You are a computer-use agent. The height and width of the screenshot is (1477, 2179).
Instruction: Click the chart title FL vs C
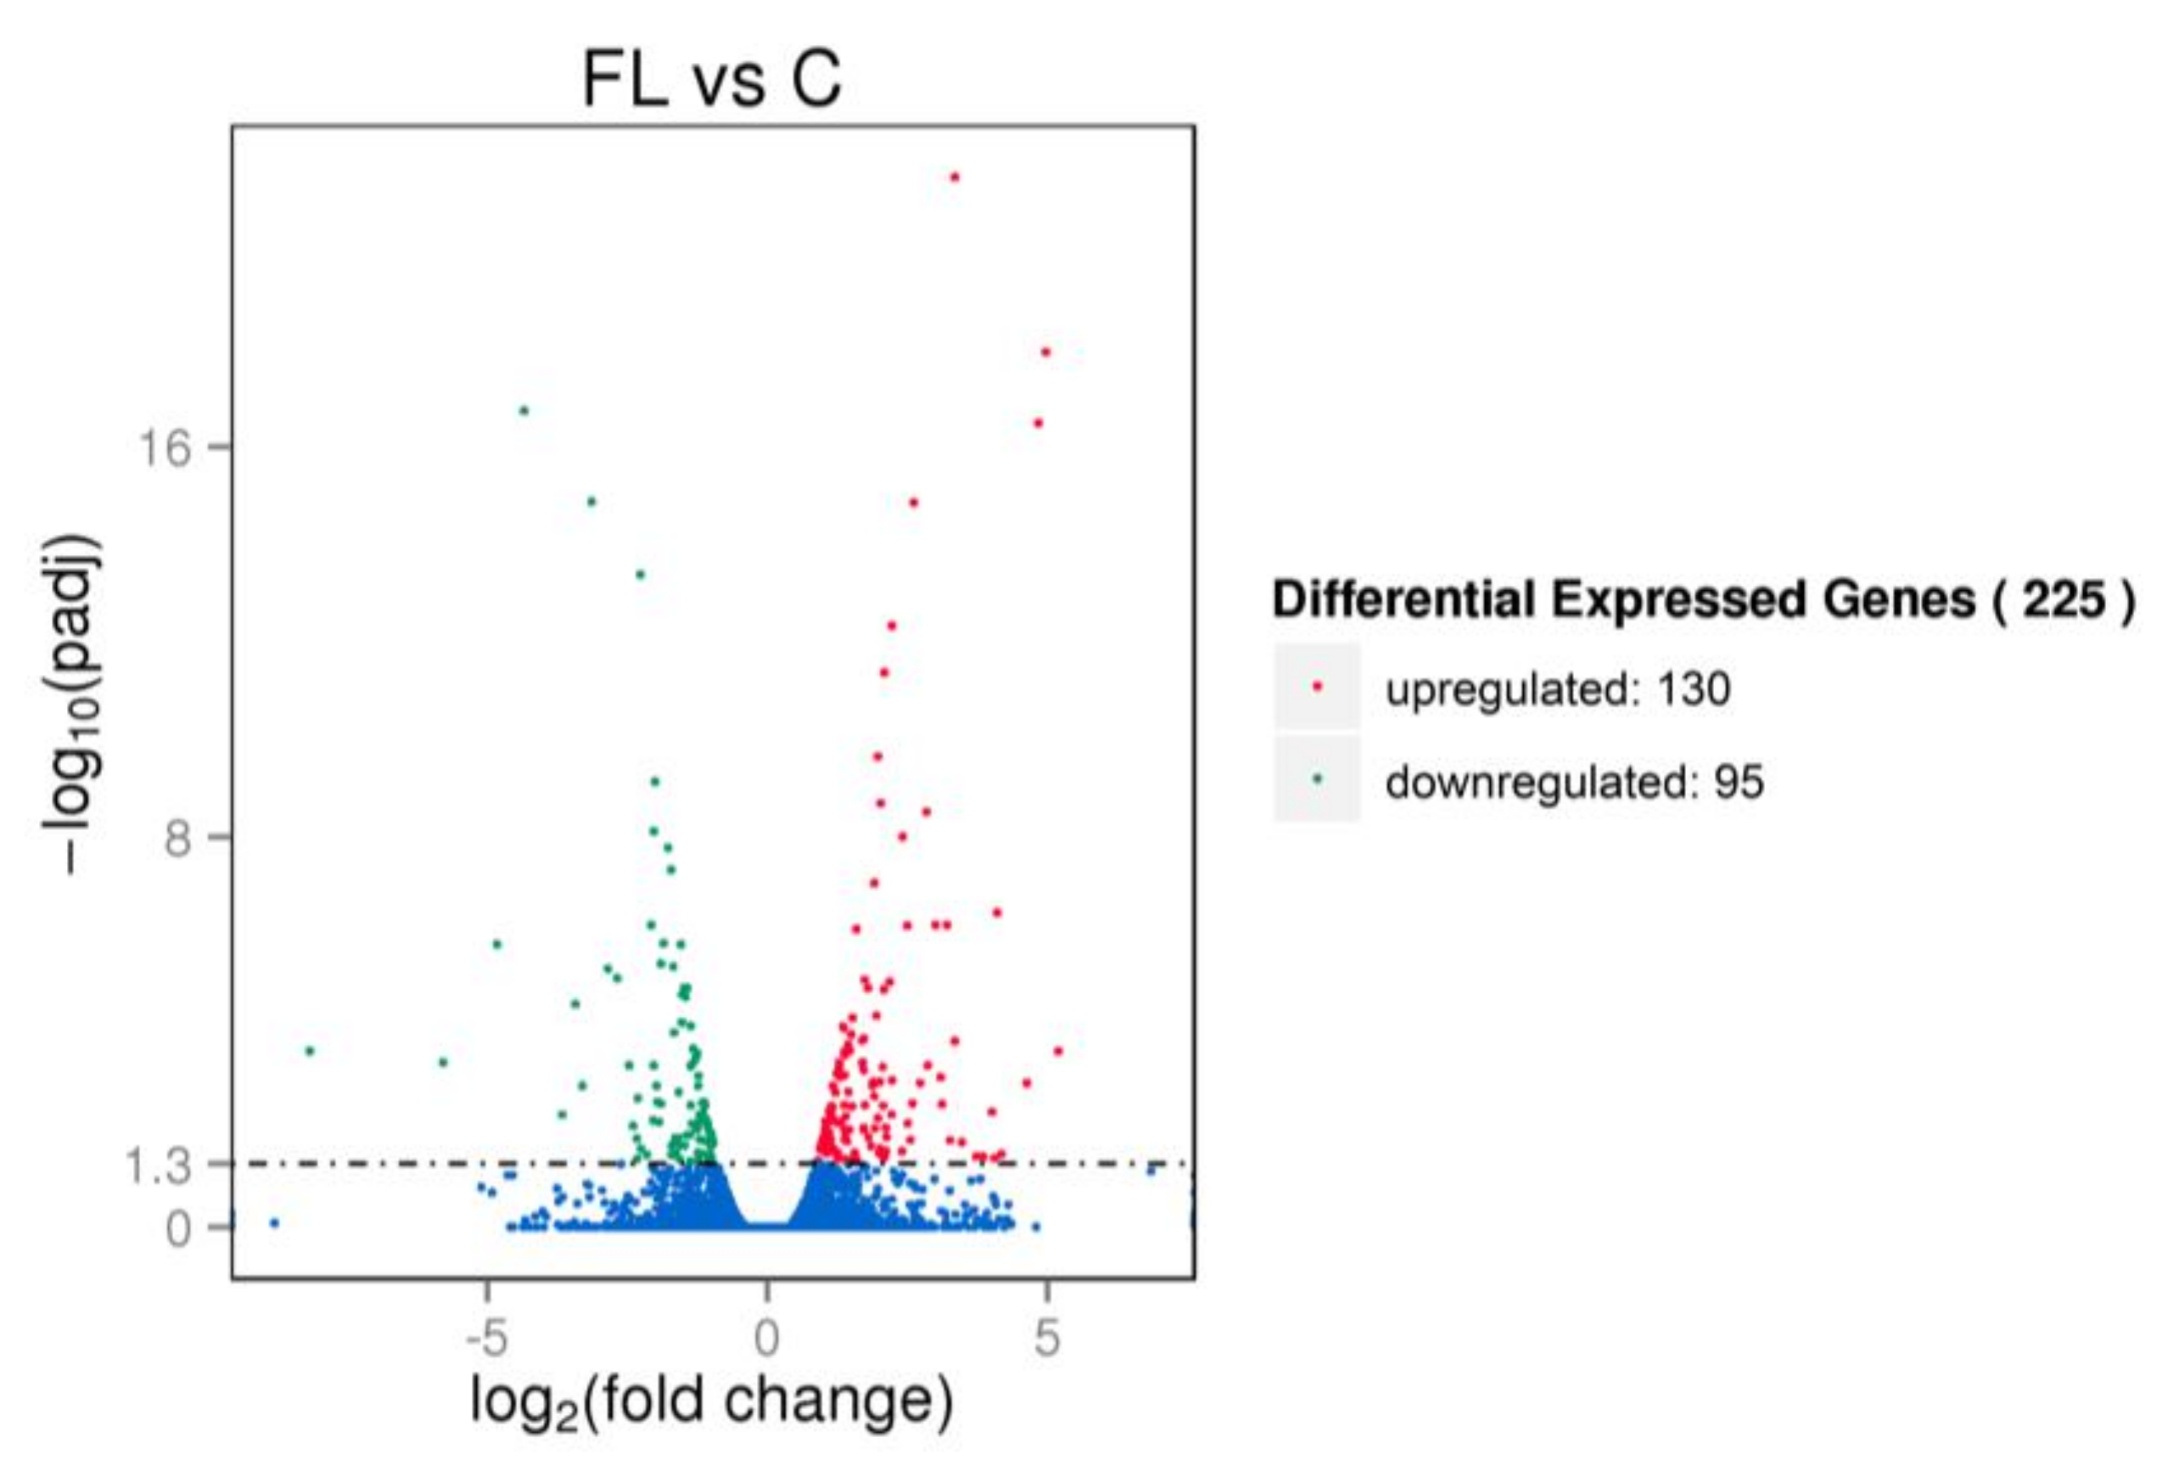[712, 81]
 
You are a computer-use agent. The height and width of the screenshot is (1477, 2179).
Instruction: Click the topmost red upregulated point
[955, 177]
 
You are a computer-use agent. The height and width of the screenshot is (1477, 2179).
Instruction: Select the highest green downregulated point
[524, 411]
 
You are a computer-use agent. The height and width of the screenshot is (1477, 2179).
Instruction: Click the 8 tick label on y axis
[177, 839]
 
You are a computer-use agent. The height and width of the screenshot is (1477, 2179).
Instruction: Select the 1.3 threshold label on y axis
[157, 1167]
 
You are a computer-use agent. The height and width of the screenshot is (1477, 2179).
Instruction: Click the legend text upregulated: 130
[1557, 690]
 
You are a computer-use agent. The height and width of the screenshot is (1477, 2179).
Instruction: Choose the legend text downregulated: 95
[1574, 782]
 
